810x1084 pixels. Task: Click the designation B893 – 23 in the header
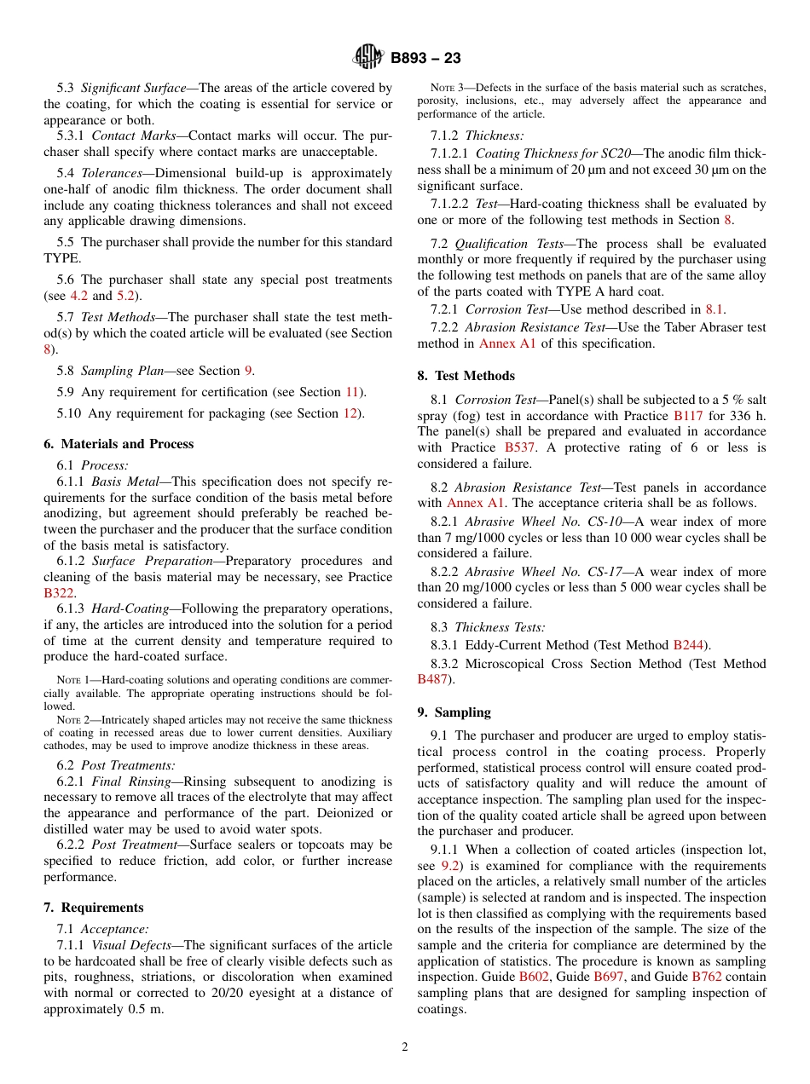(425, 59)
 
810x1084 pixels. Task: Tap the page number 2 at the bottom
(405, 1047)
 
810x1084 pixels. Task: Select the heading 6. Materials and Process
(119, 444)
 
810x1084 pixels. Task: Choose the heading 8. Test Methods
(466, 376)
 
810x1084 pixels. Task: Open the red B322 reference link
(59, 593)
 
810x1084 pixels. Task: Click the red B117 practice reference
(688, 416)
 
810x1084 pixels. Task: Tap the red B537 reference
(519, 447)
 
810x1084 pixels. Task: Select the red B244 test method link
(689, 645)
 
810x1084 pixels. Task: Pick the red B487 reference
(432, 679)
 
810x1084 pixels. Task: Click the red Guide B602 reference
(535, 977)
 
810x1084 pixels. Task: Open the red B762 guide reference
(706, 977)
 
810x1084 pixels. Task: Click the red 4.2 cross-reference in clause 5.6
(78, 296)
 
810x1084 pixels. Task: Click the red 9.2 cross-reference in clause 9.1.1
(450, 865)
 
